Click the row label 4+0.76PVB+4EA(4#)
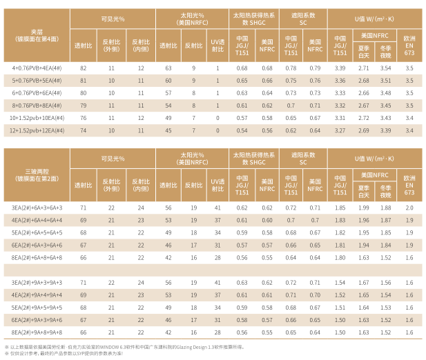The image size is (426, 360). coord(37,68)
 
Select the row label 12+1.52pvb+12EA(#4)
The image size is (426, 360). coord(37,130)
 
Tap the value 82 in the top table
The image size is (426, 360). coord(84,68)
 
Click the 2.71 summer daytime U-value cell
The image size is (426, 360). coord(364,68)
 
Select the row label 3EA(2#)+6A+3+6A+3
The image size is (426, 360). coord(37,208)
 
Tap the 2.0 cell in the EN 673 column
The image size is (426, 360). coord(409,208)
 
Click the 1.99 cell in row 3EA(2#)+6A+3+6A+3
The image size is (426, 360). coord(364,208)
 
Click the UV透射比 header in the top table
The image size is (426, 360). coord(217,46)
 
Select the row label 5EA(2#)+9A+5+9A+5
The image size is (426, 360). coord(37,307)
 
